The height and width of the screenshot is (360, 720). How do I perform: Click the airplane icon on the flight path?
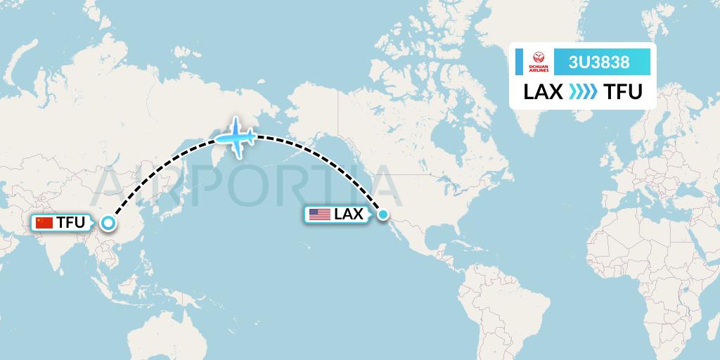237,138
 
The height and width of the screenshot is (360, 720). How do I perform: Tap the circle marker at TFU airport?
108,223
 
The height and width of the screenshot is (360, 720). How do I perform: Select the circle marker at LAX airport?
383,214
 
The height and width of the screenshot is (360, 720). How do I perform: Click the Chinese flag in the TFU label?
44,223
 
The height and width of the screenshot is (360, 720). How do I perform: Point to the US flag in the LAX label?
319,214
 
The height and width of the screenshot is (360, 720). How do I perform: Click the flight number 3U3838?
599,63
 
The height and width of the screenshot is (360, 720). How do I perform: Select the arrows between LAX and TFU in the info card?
582,92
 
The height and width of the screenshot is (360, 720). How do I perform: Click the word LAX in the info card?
543,92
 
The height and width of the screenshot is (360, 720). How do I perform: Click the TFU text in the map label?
71,223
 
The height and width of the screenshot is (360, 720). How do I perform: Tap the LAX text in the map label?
348,214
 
